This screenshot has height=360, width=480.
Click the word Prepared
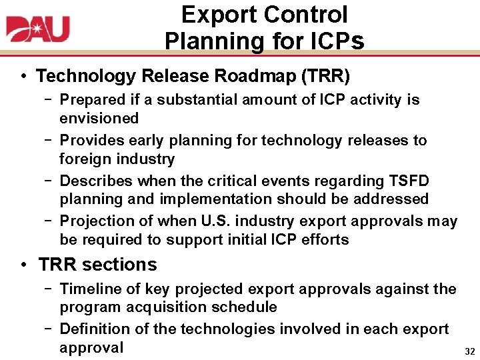(90, 100)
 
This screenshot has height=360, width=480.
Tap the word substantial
(186, 100)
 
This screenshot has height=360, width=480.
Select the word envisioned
(99, 118)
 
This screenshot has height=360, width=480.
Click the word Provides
(89, 141)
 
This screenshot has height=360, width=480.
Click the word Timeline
(88, 289)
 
